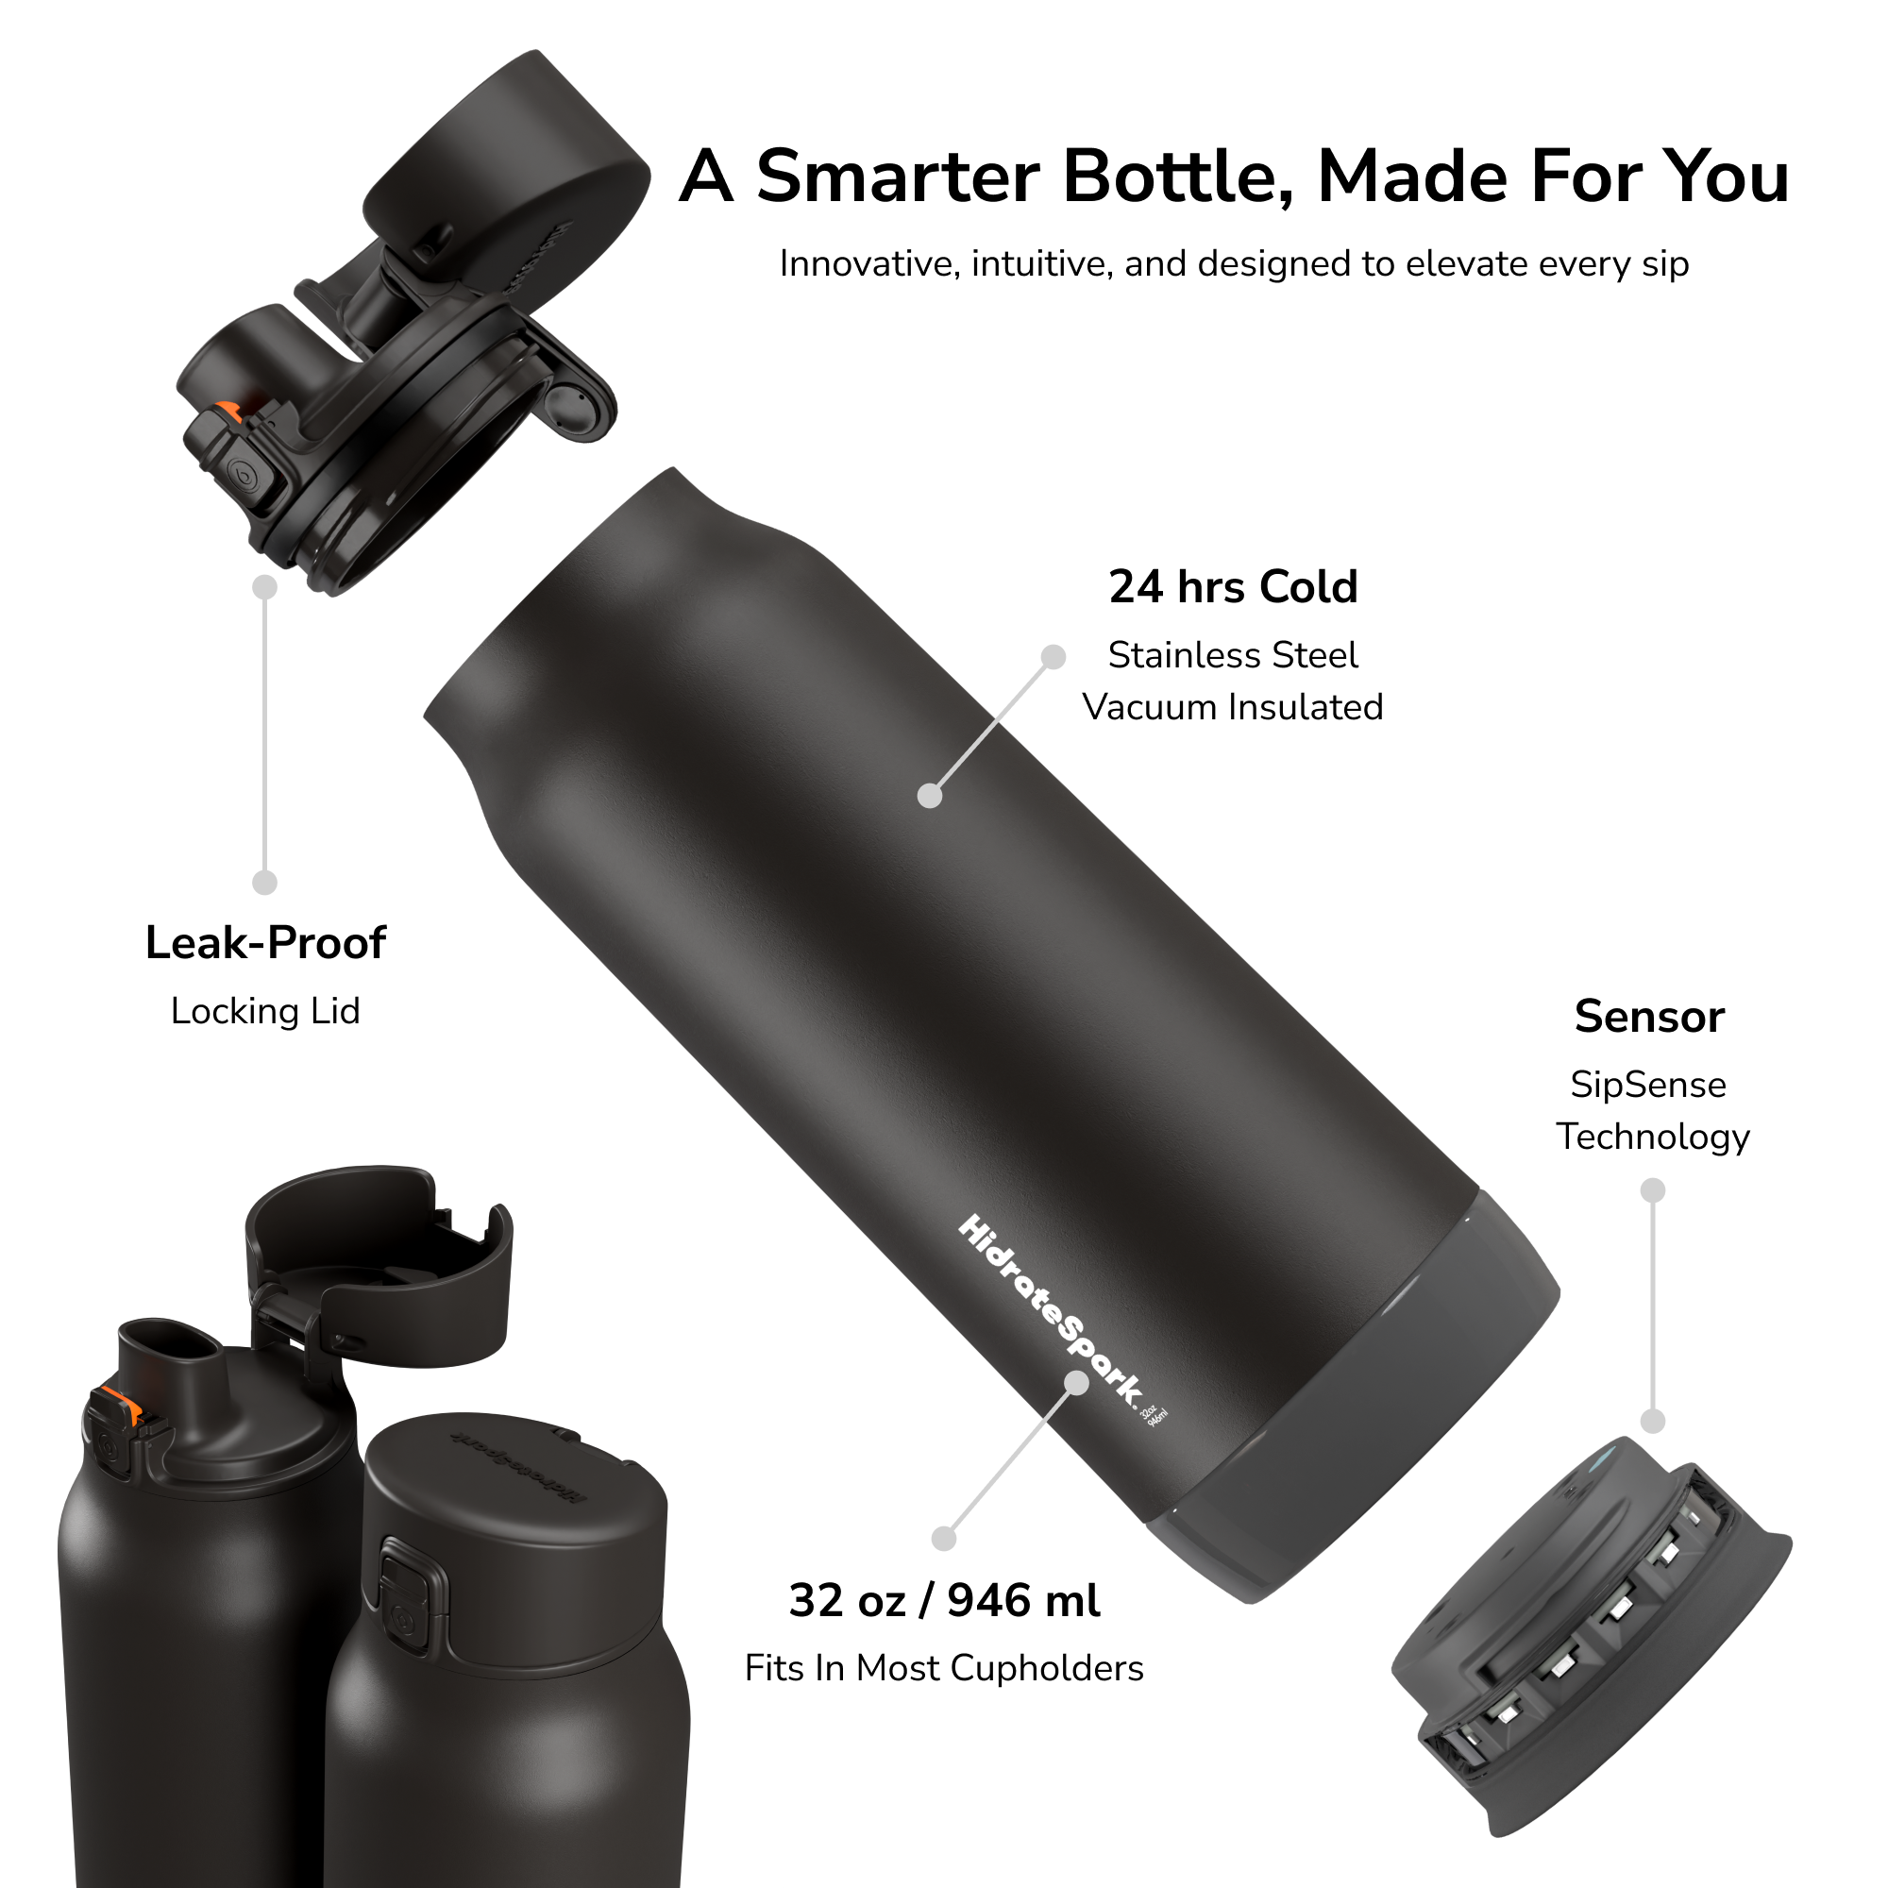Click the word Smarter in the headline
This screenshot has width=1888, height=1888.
click(x=898, y=177)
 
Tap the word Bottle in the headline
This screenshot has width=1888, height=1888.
click(x=1177, y=177)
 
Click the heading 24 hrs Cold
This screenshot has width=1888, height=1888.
click(x=1233, y=587)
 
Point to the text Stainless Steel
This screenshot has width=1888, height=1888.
click(x=1232, y=655)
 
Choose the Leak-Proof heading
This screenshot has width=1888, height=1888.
click(x=266, y=943)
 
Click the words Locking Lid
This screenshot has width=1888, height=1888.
click(x=266, y=1010)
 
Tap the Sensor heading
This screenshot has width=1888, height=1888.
click(x=1649, y=1017)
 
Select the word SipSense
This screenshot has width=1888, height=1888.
click(x=1648, y=1085)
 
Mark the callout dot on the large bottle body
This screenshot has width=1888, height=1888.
click(x=931, y=796)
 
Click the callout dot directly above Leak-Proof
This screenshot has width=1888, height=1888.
click(x=265, y=883)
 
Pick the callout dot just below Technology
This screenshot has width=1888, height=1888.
click(x=1653, y=1190)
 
